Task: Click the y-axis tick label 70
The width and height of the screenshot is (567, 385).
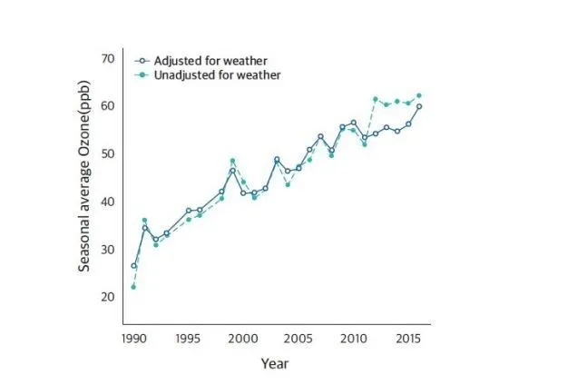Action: point(107,58)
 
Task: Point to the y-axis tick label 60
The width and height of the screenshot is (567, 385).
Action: point(107,106)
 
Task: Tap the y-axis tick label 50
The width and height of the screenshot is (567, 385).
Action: point(107,153)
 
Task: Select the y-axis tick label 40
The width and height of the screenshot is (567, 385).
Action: point(107,202)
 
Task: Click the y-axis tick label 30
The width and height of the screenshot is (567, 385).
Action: point(107,250)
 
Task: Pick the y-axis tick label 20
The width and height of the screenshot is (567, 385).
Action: point(107,297)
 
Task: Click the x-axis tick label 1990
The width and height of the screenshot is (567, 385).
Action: point(133,338)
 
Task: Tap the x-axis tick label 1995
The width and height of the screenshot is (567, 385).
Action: point(188,338)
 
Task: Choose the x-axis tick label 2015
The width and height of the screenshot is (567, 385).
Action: point(407,338)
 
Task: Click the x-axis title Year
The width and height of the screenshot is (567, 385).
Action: point(275,363)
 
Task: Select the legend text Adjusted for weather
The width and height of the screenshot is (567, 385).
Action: point(204,61)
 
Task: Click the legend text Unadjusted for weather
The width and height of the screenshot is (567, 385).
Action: point(210,75)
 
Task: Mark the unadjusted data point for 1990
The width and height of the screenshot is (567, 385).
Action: point(133,287)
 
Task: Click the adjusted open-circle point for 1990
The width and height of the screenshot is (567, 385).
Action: point(133,266)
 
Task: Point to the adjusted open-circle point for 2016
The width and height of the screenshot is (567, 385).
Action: point(419,106)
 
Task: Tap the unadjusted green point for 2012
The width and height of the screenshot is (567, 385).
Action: point(375,98)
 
